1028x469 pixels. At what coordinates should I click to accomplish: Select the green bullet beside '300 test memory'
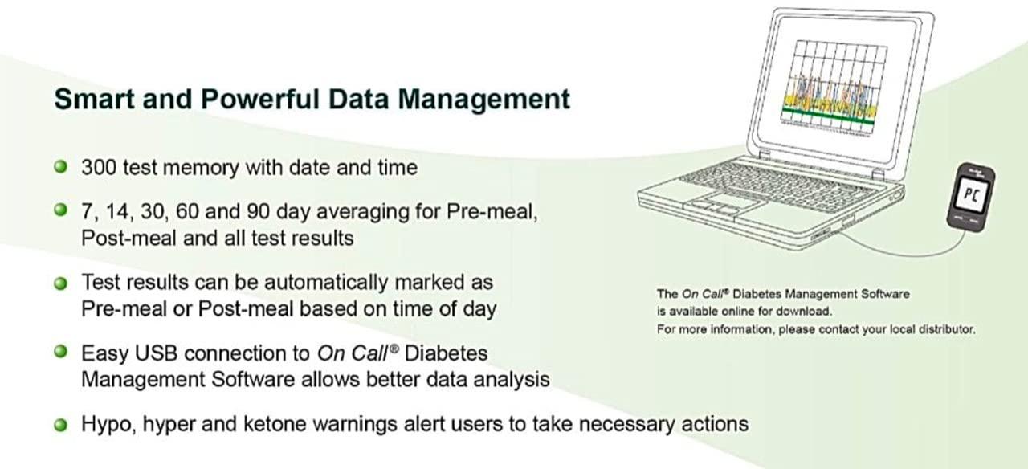[x=59, y=167]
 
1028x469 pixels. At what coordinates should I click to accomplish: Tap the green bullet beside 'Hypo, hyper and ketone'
[x=59, y=424]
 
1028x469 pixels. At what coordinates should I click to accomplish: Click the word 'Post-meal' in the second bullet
[x=117, y=239]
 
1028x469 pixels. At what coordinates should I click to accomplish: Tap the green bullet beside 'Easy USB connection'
[x=59, y=353]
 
